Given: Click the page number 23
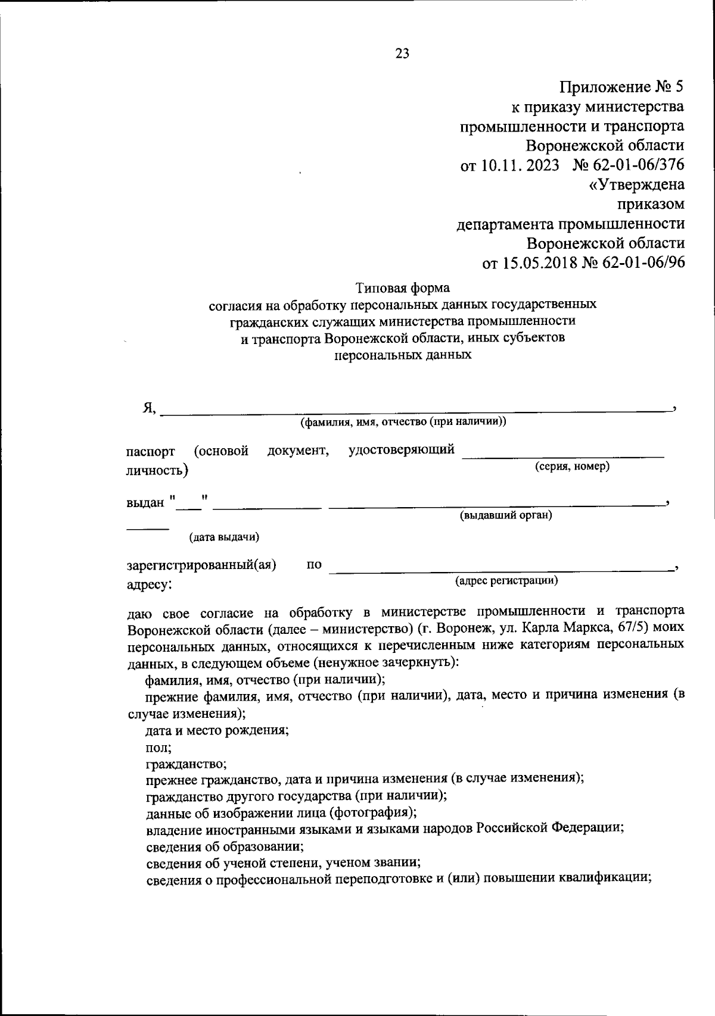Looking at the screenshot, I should [x=402, y=54].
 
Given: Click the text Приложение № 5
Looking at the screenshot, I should [x=621, y=87].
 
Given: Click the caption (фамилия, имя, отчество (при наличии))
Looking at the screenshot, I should [x=403, y=422].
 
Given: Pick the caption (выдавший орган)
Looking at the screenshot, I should [x=505, y=515].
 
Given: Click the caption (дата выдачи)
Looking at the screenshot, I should [x=224, y=537].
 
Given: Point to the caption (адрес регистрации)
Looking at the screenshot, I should [x=506, y=580].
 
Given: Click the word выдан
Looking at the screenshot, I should [x=145, y=502].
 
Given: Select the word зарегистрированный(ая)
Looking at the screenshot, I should [x=201, y=565].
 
